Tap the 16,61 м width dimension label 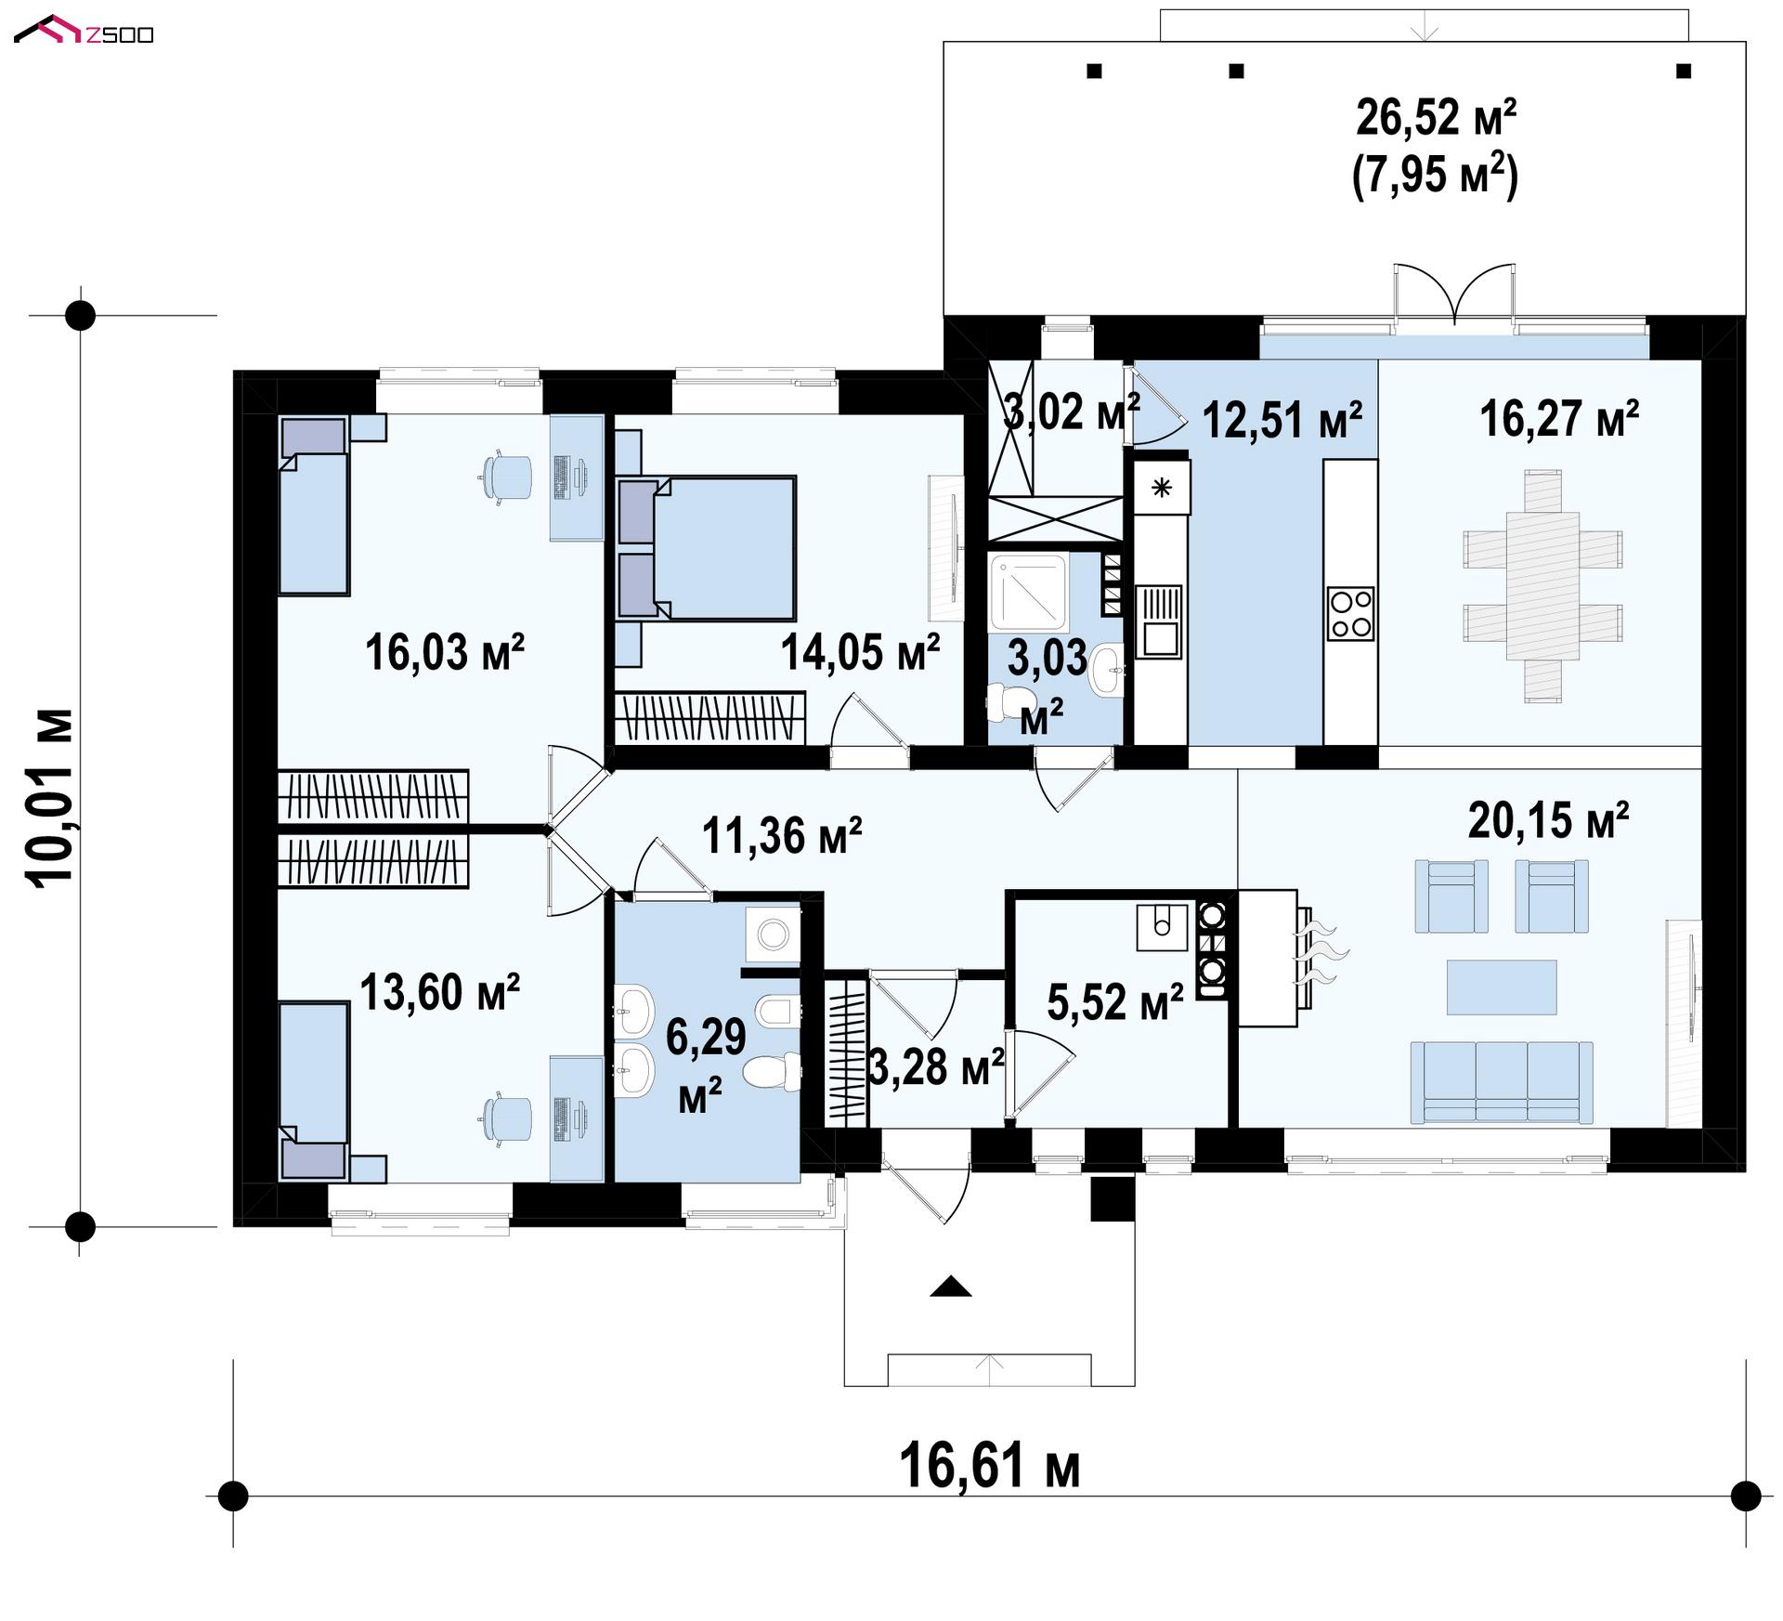[x=990, y=1465]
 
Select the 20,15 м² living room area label [x=1548, y=820]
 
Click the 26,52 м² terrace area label [x=1437, y=118]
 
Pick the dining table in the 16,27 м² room [x=1542, y=586]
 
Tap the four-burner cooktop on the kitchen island [x=1350, y=613]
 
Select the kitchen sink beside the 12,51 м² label [x=1159, y=621]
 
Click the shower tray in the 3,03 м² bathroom [x=1029, y=591]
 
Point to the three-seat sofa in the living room [x=1501, y=1082]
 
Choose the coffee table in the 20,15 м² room [x=1502, y=987]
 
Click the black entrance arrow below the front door [x=950, y=1287]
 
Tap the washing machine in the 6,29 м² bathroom [x=773, y=935]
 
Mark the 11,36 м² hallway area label [x=782, y=835]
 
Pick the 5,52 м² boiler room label [x=1115, y=1001]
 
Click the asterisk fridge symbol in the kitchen [x=1161, y=487]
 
